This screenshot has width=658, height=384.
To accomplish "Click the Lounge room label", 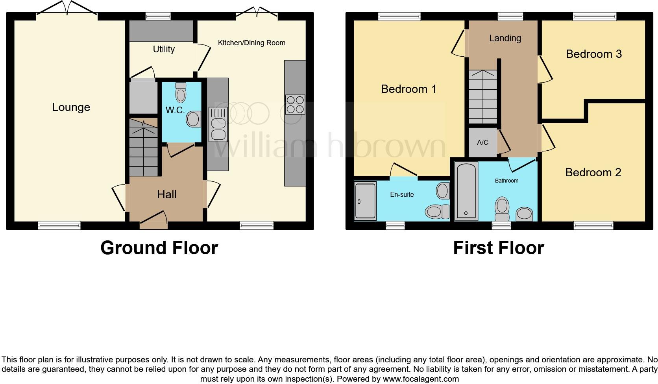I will pyautogui.click(x=71, y=107).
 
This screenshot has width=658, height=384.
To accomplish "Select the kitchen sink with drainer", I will pyautogui.click(x=218, y=124).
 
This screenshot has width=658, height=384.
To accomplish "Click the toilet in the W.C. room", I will pyautogui.click(x=181, y=93).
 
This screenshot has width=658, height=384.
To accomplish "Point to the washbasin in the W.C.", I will pyautogui.click(x=193, y=119).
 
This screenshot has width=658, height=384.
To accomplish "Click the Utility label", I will pyautogui.click(x=164, y=49).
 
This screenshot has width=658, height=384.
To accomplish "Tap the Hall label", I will pyautogui.click(x=167, y=194).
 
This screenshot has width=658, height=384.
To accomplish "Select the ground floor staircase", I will pyautogui.click(x=143, y=147).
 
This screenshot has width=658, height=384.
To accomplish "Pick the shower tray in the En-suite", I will pyautogui.click(x=365, y=201).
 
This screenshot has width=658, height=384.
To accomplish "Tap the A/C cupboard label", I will pyautogui.click(x=482, y=142).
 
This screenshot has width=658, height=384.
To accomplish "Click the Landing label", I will pyautogui.click(x=505, y=38).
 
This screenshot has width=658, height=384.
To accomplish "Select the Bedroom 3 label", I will pyautogui.click(x=593, y=54).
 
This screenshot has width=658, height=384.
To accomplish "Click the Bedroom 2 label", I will pyautogui.click(x=593, y=172).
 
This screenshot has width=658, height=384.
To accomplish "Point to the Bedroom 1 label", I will pyautogui.click(x=408, y=89).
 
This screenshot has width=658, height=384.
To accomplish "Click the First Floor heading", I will pyautogui.click(x=498, y=248).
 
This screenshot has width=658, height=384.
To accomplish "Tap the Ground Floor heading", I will pyautogui.click(x=159, y=248).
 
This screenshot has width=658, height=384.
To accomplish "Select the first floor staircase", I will pyautogui.click(x=483, y=96).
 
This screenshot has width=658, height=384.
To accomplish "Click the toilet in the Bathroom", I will pyautogui.click(x=502, y=209).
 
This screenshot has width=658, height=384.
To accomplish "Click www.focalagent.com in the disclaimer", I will pyautogui.click(x=420, y=379).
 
